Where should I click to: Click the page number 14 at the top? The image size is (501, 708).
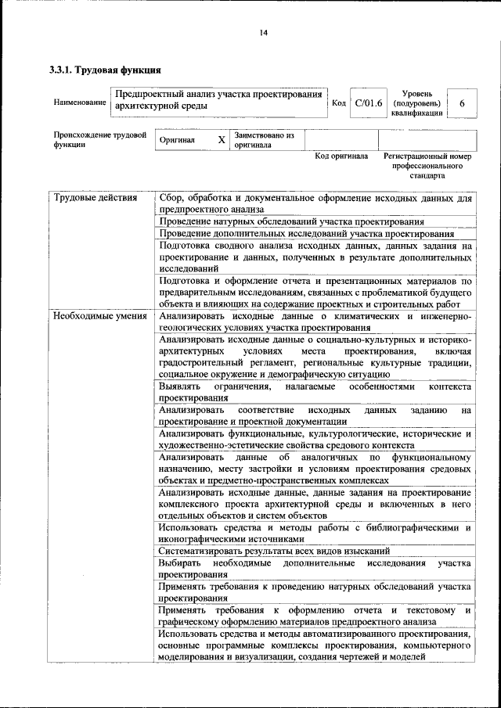pos(263,32)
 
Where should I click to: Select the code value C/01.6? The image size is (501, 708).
pos(368,103)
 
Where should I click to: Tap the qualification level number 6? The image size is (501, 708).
pos(462,103)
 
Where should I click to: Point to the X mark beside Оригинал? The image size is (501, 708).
pos(222,140)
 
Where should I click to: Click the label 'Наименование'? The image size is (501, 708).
pos(80,103)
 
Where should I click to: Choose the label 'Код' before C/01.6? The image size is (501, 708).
pos(339,103)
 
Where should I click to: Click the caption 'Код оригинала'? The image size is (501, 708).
pos(341,156)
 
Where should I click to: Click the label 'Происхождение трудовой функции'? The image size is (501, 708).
pos(100,140)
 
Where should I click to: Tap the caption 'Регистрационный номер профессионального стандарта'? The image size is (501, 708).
pos(427,166)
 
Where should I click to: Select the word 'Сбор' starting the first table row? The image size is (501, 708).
pos(170,199)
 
